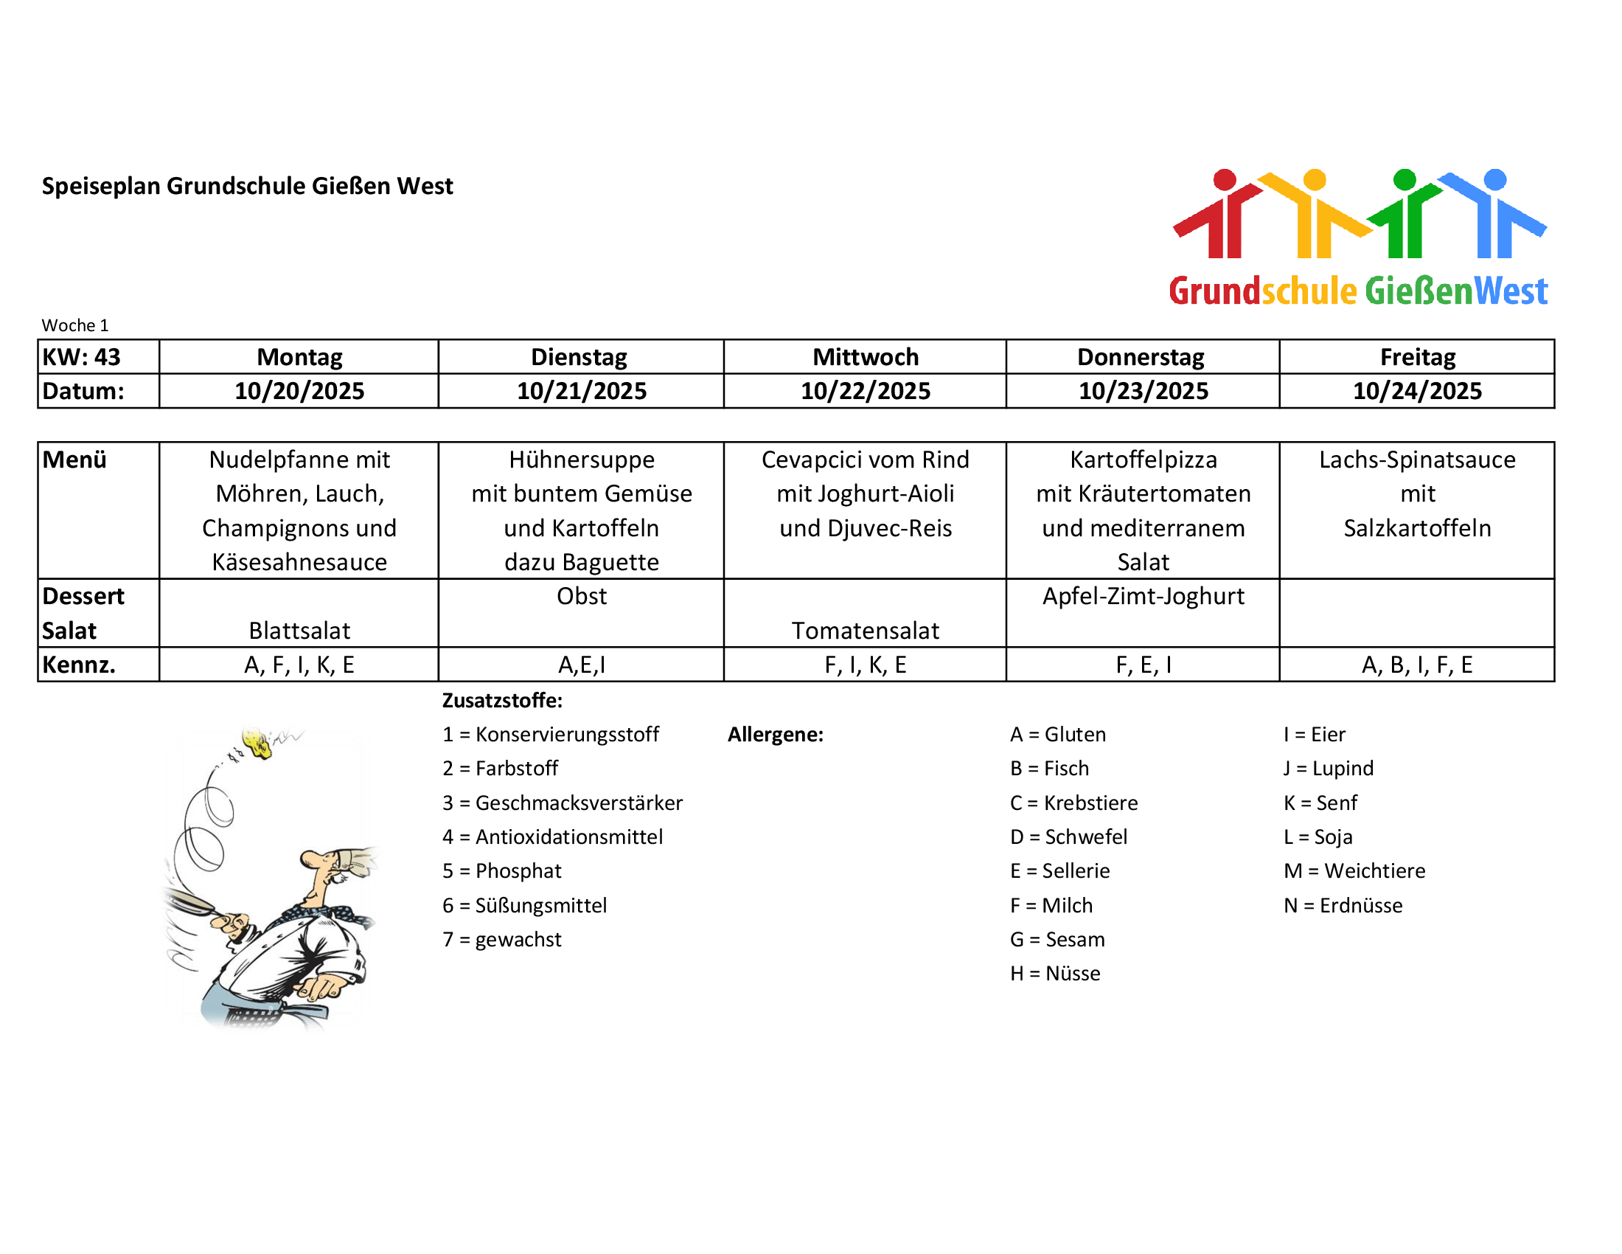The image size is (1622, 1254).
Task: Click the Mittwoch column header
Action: pos(866,357)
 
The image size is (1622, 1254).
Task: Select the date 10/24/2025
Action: pos(1417,392)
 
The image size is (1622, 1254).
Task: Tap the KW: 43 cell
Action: pos(82,357)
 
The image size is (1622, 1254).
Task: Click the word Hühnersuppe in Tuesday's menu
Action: pos(582,460)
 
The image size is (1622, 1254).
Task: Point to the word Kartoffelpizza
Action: pos(1143,460)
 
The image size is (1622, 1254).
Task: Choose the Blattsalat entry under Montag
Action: pos(299,631)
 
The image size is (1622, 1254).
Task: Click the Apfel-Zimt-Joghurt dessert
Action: pos(1143,597)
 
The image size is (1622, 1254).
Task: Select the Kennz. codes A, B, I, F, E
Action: pos(1417,665)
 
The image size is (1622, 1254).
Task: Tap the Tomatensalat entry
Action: pos(866,631)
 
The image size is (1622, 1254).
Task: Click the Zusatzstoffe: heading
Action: pos(503,701)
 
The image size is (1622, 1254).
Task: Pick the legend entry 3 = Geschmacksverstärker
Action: pos(563,803)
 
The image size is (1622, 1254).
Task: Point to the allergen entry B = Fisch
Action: pos(1049,769)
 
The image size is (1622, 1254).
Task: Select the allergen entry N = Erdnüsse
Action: pos(1343,906)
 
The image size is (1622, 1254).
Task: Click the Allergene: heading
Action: pos(776,735)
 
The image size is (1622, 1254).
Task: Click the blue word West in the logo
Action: pos(1511,291)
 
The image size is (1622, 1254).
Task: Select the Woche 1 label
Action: pos(75,325)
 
